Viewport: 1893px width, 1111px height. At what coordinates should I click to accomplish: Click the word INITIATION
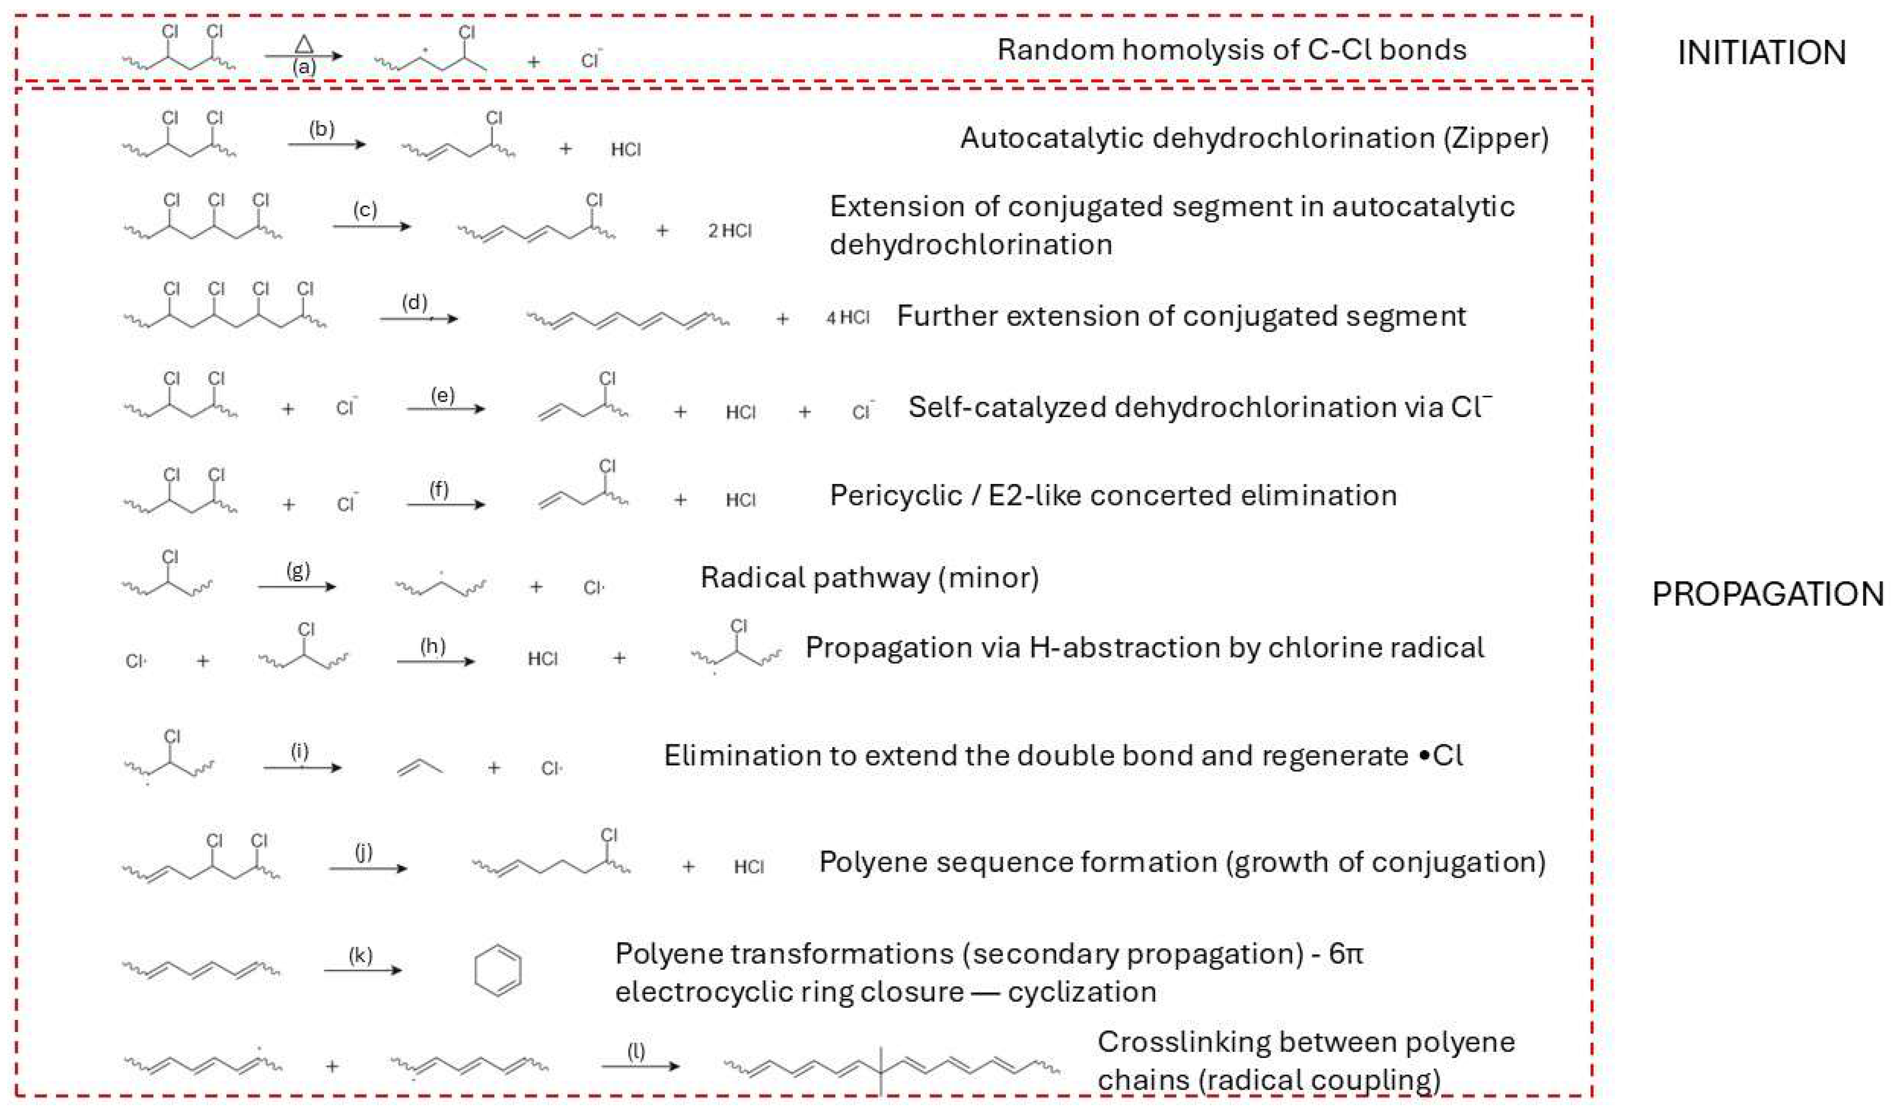[x=1762, y=53]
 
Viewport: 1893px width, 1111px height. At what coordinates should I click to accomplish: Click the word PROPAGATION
[x=1767, y=594]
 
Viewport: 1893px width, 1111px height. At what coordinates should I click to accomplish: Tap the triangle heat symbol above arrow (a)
[x=303, y=44]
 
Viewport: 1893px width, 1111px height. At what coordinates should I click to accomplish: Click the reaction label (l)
[x=636, y=1050]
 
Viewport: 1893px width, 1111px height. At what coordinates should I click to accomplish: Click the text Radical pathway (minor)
[x=869, y=578]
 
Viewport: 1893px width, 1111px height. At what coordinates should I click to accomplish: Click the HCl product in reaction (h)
[x=542, y=659]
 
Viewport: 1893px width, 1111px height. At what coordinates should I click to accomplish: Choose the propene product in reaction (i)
[x=419, y=766]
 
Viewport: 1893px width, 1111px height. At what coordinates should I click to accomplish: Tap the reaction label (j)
[x=364, y=852]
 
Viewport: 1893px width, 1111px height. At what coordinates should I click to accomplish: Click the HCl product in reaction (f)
[x=740, y=500]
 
